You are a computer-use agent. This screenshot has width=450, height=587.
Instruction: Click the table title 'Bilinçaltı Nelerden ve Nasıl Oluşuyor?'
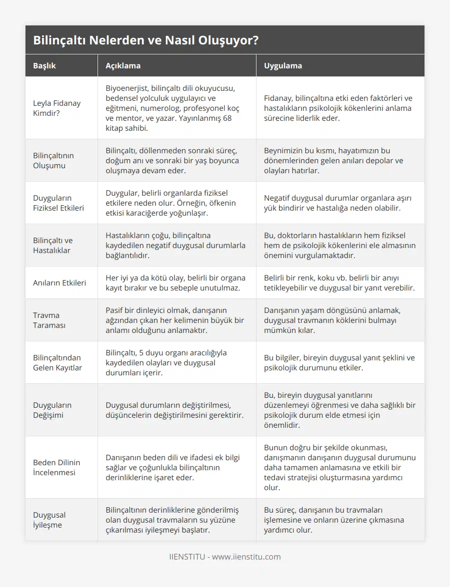pos(145,40)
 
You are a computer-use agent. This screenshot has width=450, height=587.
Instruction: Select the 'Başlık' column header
pos(44,65)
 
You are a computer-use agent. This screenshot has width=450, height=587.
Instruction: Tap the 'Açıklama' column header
pos(123,65)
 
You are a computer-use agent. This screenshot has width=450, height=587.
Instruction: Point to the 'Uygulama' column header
pos(283,65)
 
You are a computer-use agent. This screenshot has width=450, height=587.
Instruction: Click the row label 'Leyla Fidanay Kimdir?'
pos(56,108)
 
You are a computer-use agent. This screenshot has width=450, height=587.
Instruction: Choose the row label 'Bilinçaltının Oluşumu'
pos(53,160)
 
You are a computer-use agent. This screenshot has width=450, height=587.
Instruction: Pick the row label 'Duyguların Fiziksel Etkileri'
pos(58,203)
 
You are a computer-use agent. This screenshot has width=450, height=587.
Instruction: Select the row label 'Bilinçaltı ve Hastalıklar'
pos(52,245)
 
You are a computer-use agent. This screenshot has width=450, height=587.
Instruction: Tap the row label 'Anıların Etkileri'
pos(59,283)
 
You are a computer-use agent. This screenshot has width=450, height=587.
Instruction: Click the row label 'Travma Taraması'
pos(46,320)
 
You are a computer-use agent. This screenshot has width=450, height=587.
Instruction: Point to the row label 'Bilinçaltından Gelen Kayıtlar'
pos(57,362)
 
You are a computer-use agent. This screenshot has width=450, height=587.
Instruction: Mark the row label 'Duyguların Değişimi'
pos(52,410)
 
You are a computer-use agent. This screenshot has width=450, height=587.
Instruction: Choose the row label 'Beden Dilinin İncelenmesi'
pos(56,467)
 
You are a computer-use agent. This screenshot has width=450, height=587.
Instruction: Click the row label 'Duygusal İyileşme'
pos(49,520)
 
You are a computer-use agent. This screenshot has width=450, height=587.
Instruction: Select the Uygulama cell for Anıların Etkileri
pos(339,283)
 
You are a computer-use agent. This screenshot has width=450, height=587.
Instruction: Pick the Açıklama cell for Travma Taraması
pos(176,320)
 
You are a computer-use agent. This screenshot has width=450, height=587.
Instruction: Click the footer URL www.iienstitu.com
pos(246,557)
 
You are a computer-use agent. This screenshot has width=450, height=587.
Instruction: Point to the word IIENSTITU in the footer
pos(187,557)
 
